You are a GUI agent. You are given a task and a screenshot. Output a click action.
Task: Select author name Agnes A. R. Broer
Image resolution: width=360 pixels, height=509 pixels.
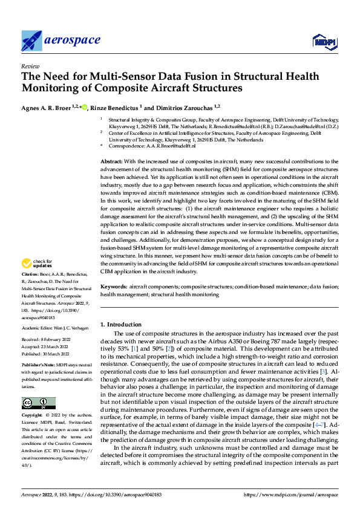[46, 108]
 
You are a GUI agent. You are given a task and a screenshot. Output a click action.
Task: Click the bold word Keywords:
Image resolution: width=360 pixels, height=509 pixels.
[113, 287]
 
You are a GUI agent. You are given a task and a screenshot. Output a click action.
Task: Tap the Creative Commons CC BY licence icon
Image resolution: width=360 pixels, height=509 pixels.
[38, 403]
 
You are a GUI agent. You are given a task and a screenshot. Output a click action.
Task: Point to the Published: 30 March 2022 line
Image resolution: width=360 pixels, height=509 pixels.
[45, 354]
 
